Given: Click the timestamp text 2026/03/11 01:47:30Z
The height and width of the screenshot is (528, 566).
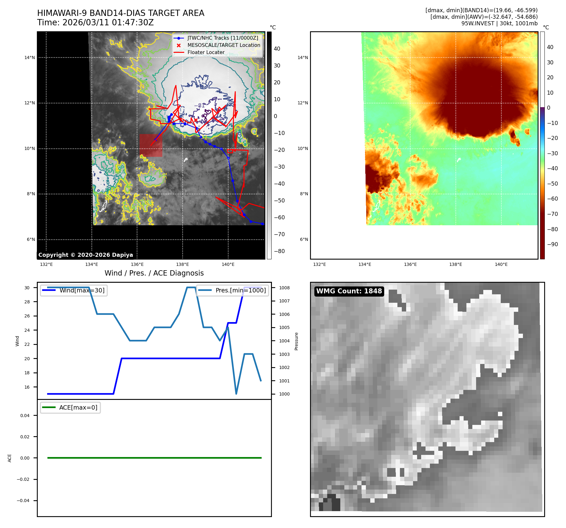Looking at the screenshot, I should click(x=108, y=22).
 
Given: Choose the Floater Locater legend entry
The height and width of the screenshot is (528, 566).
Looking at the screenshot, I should click(x=206, y=52).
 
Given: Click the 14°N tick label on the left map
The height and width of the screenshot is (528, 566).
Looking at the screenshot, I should click(x=30, y=57).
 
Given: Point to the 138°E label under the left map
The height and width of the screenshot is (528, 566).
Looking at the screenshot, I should click(x=182, y=264).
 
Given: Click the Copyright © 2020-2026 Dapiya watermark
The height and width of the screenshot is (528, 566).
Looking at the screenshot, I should click(x=86, y=255).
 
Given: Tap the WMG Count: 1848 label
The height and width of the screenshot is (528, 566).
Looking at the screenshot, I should click(x=349, y=291).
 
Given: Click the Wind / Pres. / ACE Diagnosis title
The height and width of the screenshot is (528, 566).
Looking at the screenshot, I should click(x=154, y=273).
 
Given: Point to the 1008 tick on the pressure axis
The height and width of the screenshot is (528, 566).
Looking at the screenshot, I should click(x=284, y=288).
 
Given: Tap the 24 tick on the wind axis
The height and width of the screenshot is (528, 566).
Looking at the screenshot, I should click(x=27, y=330).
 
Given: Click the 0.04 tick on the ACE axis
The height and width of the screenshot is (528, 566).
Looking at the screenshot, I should click(x=25, y=416).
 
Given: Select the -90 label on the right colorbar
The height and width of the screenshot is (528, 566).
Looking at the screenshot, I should click(x=552, y=244).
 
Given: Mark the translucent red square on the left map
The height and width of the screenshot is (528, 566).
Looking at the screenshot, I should click(x=151, y=145).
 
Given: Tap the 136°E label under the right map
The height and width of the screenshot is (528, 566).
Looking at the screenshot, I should click(x=410, y=264).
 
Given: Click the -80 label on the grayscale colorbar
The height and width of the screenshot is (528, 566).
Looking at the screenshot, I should click(x=279, y=251).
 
